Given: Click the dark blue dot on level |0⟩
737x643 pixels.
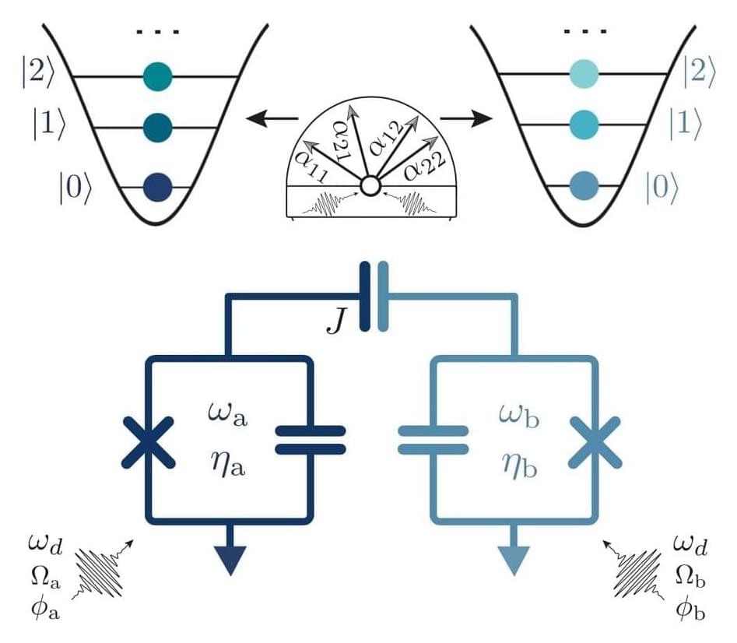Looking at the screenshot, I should tap(158, 187).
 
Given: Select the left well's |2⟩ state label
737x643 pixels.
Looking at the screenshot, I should tap(37, 76).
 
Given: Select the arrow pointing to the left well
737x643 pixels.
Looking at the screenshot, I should tap(272, 119).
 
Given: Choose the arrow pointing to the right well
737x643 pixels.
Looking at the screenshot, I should tap(465, 119).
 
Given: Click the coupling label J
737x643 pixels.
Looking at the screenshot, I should tap(335, 322).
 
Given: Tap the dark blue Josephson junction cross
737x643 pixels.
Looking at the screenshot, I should tap(149, 441).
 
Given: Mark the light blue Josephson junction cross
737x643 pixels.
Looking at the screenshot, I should tap(594, 441).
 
